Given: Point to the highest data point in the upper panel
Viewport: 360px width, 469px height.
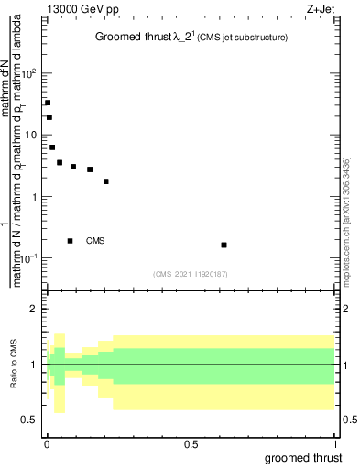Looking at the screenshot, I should point(48,103).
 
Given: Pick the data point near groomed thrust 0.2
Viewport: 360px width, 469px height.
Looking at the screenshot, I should point(106,181).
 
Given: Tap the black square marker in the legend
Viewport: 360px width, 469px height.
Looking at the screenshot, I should point(70,241).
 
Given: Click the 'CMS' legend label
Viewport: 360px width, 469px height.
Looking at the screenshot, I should point(95,241).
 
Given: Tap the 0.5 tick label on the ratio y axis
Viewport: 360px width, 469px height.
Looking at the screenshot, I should point(31,420).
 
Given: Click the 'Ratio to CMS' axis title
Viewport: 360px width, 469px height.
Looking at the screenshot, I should point(13,365).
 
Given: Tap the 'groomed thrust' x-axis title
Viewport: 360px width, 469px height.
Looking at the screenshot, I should point(304,457).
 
